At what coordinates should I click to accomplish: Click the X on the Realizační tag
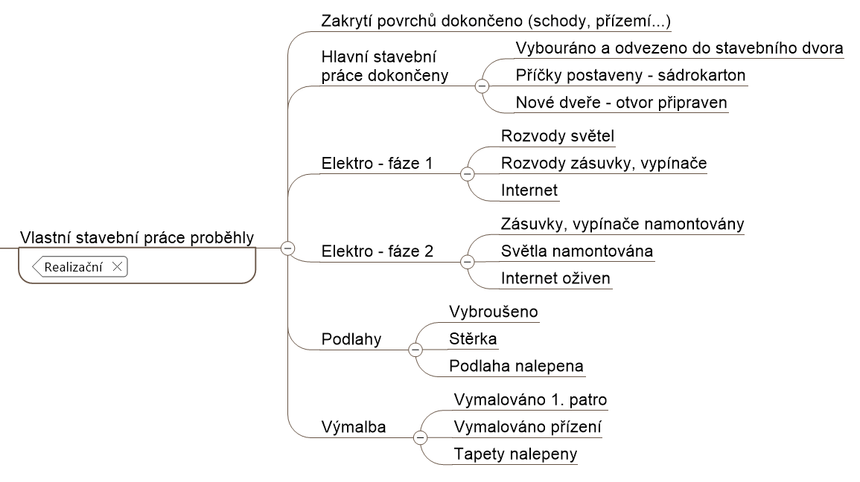coord(117,267)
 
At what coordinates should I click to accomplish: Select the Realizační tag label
coord(74,267)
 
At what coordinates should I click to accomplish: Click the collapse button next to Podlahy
coord(415,350)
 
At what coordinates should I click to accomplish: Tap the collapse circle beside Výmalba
coord(420,437)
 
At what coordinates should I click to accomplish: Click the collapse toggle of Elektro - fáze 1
coord(468,174)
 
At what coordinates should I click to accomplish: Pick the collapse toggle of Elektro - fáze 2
coord(468,262)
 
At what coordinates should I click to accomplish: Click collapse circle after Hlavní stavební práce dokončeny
coord(482,86)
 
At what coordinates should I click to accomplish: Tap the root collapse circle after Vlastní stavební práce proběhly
coord(288,248)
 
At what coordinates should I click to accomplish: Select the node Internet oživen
coord(555,278)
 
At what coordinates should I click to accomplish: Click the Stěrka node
coord(473,338)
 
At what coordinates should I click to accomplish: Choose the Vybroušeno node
coord(494,312)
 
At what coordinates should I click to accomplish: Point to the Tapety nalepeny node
coord(515,454)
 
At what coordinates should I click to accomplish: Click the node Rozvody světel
coord(558,136)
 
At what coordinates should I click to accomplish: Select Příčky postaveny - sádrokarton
coord(631,75)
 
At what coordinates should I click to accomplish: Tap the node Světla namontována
coord(577,251)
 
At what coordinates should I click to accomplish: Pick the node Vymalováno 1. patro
coord(530,399)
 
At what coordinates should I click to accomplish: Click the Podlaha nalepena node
coord(516,366)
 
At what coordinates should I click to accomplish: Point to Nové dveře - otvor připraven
coord(622,103)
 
